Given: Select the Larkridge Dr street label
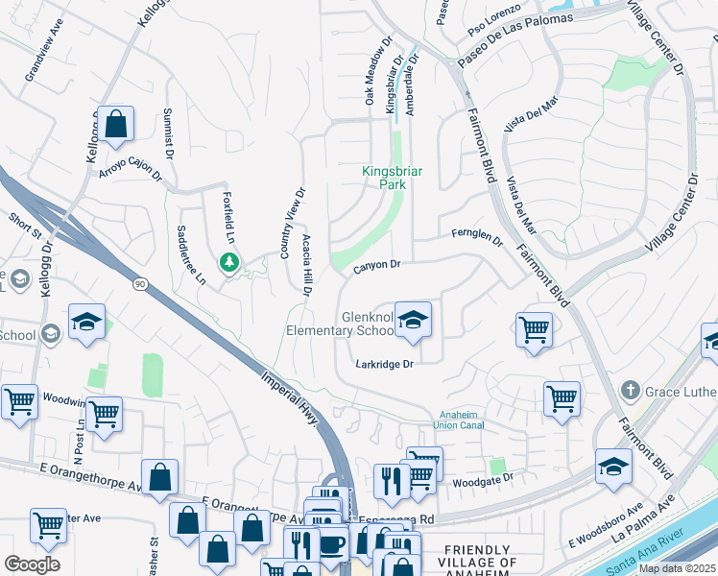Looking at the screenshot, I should pyautogui.click(x=384, y=364).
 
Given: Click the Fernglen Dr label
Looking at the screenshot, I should pyautogui.click(x=477, y=236).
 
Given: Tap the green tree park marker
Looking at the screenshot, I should pyautogui.click(x=228, y=261).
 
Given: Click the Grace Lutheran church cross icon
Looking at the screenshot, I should pyautogui.click(x=630, y=390).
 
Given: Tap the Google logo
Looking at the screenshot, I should pyautogui.click(x=32, y=564).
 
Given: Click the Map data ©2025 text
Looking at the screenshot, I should pyautogui.click(x=677, y=568).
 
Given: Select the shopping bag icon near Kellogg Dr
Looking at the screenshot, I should pyautogui.click(x=115, y=124).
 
